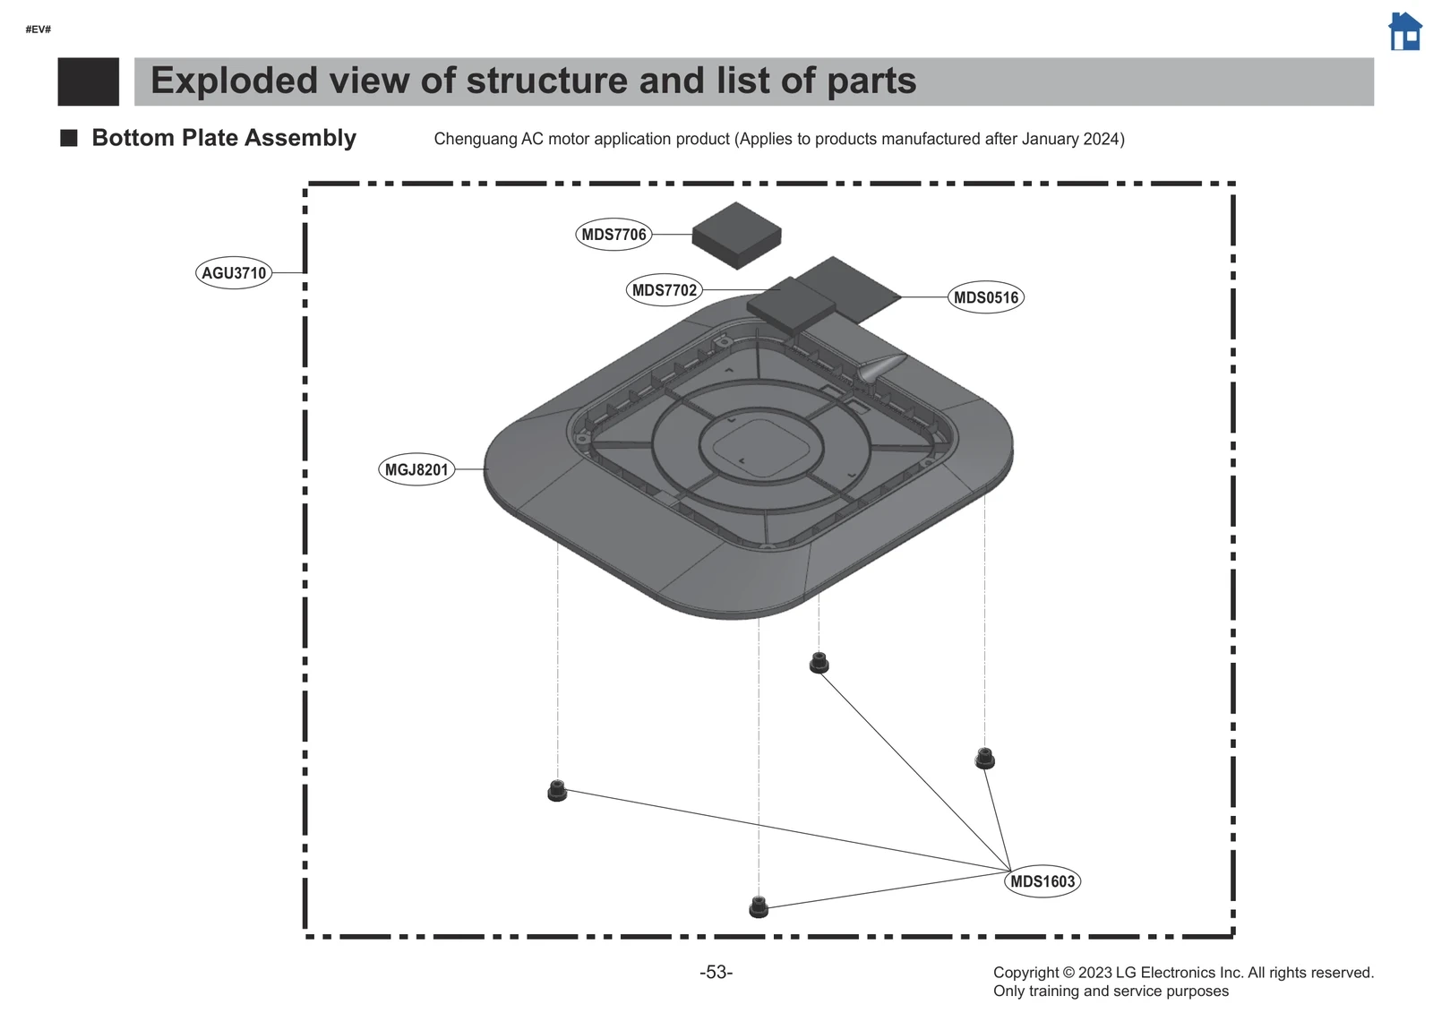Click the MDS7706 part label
tap(614, 235)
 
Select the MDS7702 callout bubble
tap(664, 290)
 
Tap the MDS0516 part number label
tap(985, 297)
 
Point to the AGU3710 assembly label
tap(234, 273)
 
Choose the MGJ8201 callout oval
tap(416, 469)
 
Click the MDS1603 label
tap(1043, 881)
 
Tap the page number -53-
tap(716, 973)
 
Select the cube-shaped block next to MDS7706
tap(736, 235)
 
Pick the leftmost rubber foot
tap(557, 791)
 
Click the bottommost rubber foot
tap(759, 906)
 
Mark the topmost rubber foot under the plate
tap(819, 663)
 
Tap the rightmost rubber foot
tap(984, 758)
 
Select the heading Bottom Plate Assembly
tap(224, 138)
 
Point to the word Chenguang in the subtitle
tap(476, 139)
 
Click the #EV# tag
tap(38, 30)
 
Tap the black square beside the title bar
tap(88, 82)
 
